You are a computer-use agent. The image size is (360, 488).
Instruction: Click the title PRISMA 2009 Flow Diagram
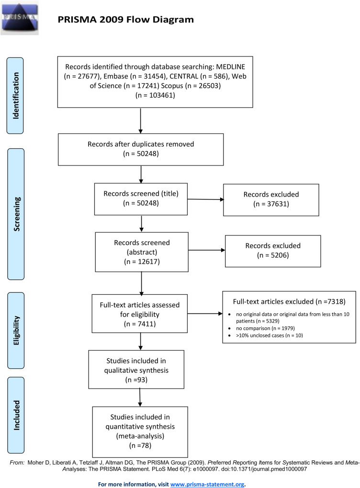tap(125, 20)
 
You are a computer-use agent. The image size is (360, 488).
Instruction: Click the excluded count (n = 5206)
tap(272, 255)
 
